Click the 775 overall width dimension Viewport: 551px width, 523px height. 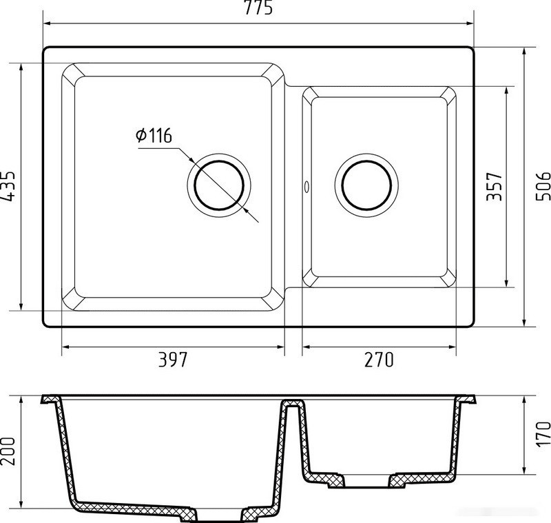pyautogui.click(x=258, y=8)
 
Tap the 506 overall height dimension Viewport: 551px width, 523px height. pyautogui.click(x=543, y=186)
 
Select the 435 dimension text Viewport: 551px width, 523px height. pyautogui.click(x=8, y=186)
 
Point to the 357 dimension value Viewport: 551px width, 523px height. pyautogui.click(x=494, y=186)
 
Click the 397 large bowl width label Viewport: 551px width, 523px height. pyautogui.click(x=173, y=359)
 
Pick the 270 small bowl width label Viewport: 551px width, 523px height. pyautogui.click(x=379, y=359)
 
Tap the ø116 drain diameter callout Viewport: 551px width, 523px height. pyautogui.click(x=154, y=136)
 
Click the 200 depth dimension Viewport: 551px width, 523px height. pyautogui.click(x=8, y=451)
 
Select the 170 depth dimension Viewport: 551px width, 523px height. pyautogui.click(x=543, y=434)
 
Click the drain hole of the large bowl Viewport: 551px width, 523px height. pyautogui.click(x=219, y=185)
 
